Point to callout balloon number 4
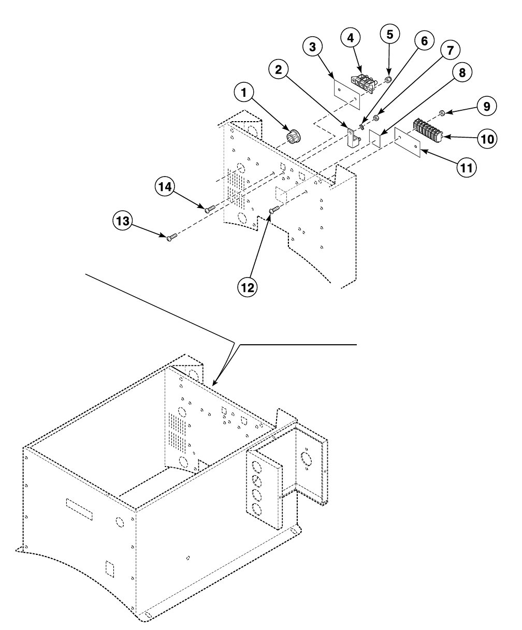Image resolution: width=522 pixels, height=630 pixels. click(351, 38)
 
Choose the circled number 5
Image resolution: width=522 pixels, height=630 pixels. click(390, 35)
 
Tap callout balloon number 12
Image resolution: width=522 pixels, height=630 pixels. click(249, 286)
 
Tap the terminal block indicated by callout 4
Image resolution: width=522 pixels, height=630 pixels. click(365, 84)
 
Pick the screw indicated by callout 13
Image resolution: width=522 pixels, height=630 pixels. click(172, 237)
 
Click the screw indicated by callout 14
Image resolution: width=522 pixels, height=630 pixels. click(210, 209)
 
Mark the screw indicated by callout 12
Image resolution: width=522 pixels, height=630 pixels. click(274, 209)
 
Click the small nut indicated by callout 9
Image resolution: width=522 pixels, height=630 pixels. click(442, 113)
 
